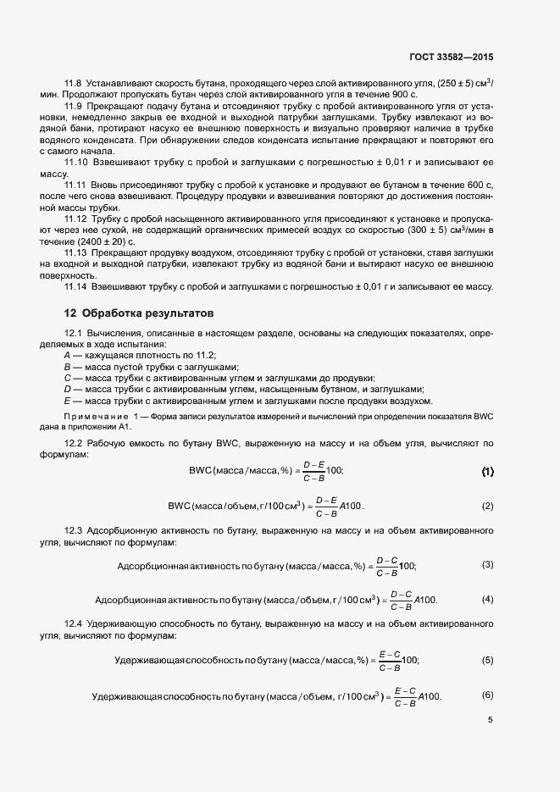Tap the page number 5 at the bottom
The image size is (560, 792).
pyautogui.click(x=490, y=720)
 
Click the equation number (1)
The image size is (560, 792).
pyautogui.click(x=487, y=470)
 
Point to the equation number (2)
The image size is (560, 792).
pyautogui.click(x=487, y=506)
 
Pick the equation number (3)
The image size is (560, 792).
pyautogui.click(x=487, y=564)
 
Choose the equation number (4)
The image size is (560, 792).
pyautogui.click(x=487, y=599)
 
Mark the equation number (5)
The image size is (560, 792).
pyautogui.click(x=487, y=659)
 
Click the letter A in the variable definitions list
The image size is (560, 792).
pyautogui.click(x=67, y=356)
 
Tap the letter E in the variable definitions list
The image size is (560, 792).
pyautogui.click(x=67, y=401)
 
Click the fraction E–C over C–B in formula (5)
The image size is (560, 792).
pyautogui.click(x=390, y=660)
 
